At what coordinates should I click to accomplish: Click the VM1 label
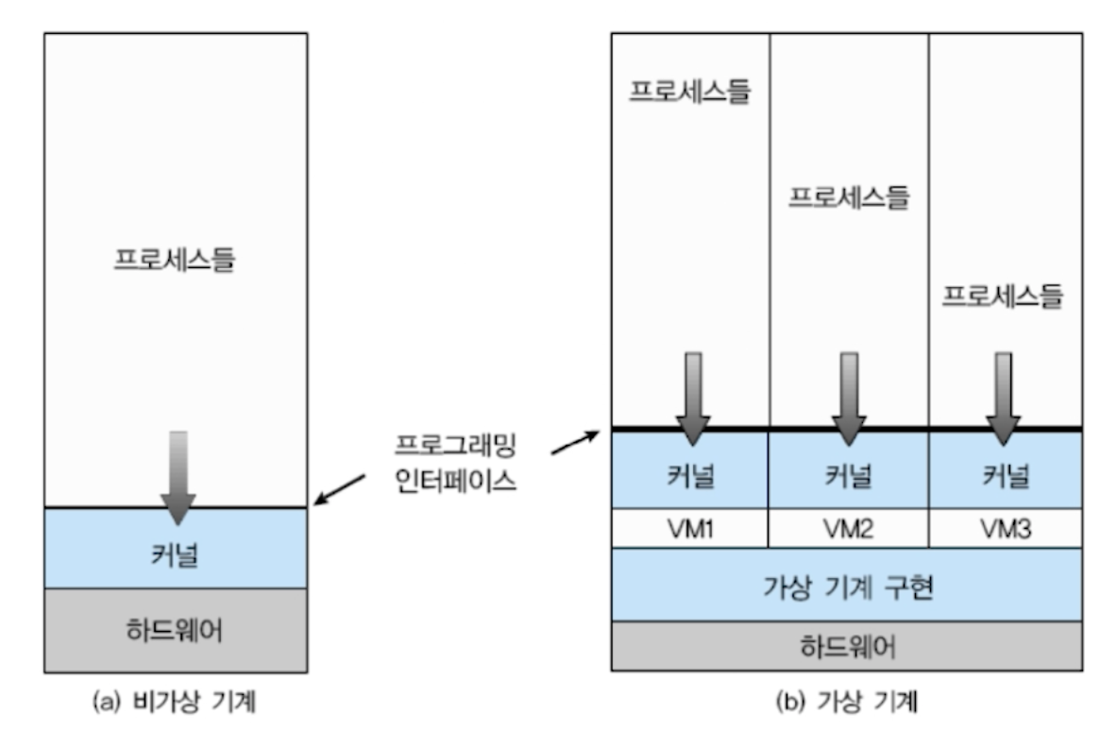[690, 529]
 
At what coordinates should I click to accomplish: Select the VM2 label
[848, 529]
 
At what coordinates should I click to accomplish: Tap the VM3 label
[1005, 529]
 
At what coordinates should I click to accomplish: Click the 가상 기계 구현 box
[846, 585]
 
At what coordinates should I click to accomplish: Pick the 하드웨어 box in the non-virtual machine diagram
[176, 630]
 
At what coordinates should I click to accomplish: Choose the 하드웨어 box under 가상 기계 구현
[846, 646]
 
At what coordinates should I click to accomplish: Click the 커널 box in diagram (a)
[176, 552]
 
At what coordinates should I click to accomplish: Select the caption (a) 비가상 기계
[175, 702]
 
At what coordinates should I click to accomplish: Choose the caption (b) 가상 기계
[847, 702]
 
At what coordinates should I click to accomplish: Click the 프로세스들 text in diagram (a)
[175, 258]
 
